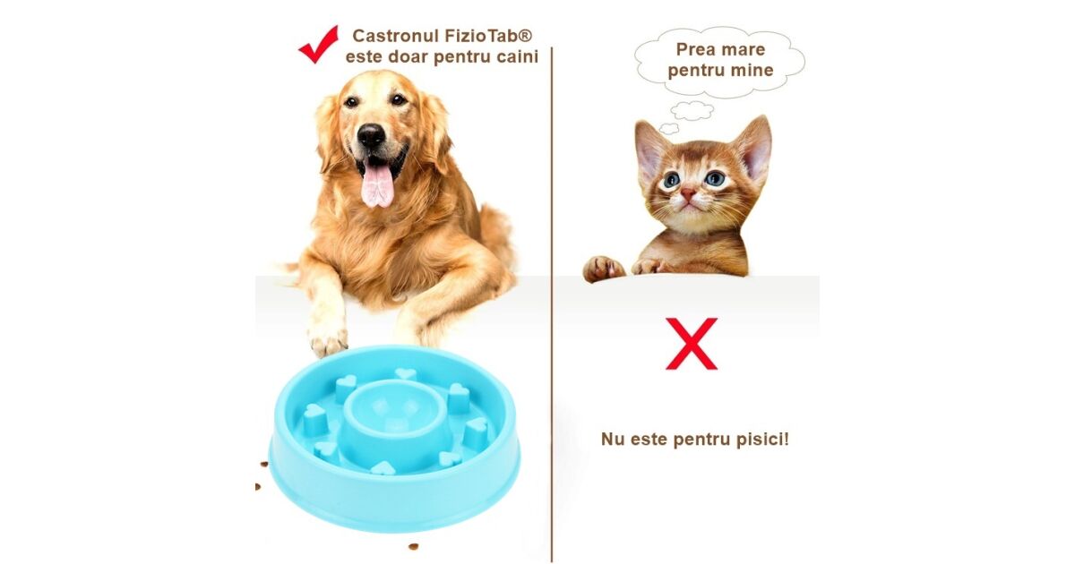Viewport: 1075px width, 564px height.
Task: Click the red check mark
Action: click(x=319, y=45)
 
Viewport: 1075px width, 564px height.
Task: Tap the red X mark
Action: click(x=692, y=344)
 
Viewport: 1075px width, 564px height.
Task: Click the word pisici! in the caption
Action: click(x=763, y=439)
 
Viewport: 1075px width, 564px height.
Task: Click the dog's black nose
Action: click(x=371, y=135)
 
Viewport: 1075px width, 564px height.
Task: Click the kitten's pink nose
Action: click(x=688, y=193)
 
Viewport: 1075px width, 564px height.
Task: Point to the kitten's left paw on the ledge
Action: click(x=603, y=269)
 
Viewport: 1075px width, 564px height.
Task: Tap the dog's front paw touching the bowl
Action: click(x=328, y=341)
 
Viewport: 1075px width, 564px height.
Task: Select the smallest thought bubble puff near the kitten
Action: click(x=668, y=128)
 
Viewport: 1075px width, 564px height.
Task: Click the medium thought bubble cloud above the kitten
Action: click(x=692, y=110)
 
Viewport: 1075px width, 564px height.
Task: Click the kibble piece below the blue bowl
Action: click(x=413, y=546)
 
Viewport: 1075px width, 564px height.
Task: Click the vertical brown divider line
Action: click(x=552, y=304)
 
